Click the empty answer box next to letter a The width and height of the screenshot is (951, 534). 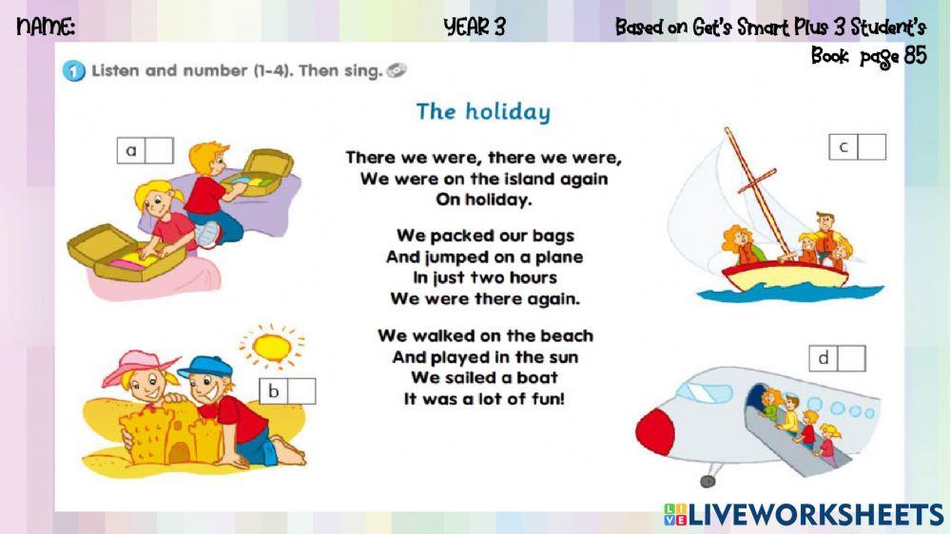coord(159,150)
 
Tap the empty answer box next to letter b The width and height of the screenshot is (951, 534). coord(301,391)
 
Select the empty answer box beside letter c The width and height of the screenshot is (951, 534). coord(871,147)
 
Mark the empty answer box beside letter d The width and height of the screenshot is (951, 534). coord(851,358)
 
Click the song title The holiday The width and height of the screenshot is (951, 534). coord(483,112)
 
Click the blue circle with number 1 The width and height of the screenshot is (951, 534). coord(73,71)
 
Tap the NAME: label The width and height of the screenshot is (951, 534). coord(46,28)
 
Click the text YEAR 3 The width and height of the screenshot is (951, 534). coord(475,28)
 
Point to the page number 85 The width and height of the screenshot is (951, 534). coord(915,56)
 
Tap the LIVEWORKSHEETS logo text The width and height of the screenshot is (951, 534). coord(813,515)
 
